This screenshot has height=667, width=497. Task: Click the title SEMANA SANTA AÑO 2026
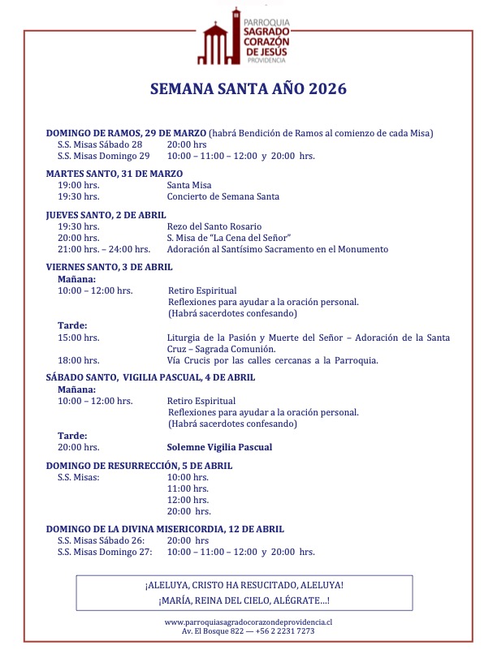(x=248, y=88)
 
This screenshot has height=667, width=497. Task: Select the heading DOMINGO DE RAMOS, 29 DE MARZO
(x=126, y=133)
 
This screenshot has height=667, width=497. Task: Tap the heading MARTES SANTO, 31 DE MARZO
(x=115, y=174)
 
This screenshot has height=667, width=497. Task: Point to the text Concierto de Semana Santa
(x=223, y=196)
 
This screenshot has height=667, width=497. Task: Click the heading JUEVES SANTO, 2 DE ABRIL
(x=106, y=215)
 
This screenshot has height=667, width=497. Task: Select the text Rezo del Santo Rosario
(x=214, y=226)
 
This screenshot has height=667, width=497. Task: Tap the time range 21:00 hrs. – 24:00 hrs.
(x=104, y=249)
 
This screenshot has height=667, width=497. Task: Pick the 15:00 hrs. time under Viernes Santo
(x=79, y=337)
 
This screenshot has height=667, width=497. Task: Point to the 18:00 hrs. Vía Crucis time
(x=79, y=360)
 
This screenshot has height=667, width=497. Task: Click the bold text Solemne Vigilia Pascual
(x=219, y=447)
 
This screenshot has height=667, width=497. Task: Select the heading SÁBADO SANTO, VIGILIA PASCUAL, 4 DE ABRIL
(x=150, y=377)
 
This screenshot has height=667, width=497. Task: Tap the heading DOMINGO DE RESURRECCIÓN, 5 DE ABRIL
(x=139, y=466)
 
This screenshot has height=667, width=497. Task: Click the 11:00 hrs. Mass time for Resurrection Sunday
(x=188, y=488)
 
